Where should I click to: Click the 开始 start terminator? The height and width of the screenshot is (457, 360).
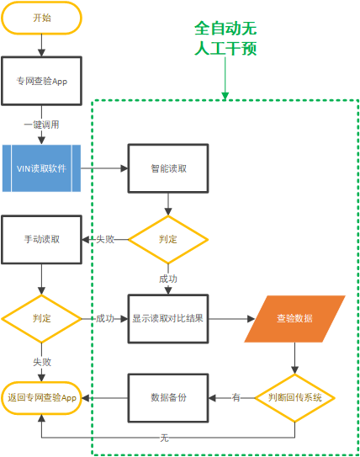point(41,18)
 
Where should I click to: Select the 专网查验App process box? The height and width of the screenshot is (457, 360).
point(41,81)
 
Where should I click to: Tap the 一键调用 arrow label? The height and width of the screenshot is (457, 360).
point(41,125)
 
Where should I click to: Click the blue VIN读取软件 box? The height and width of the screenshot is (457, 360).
point(41,168)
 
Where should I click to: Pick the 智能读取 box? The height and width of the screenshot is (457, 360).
point(168,168)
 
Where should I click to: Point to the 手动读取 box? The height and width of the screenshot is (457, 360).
point(41,240)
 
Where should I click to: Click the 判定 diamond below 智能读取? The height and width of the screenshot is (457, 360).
point(168,240)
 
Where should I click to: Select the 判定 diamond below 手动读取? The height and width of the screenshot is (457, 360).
point(41,319)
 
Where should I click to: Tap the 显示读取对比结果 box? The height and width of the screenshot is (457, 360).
point(168,319)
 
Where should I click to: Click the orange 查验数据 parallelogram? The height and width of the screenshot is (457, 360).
point(294,319)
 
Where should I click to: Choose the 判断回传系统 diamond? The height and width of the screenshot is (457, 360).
point(294,398)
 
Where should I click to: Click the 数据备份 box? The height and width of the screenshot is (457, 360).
point(168,398)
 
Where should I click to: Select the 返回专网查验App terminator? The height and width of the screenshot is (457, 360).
point(41,398)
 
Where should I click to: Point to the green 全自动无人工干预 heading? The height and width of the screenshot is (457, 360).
point(225,38)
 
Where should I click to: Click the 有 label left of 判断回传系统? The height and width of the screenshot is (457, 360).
point(236,397)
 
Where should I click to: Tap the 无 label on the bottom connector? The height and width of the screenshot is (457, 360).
point(164,438)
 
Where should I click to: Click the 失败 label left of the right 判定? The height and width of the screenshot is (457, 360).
point(105,239)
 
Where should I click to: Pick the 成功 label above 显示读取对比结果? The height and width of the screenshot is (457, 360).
point(168,279)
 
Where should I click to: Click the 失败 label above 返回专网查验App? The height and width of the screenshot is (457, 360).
point(42,362)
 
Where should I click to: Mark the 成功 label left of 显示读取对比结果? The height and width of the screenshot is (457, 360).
point(105,319)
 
